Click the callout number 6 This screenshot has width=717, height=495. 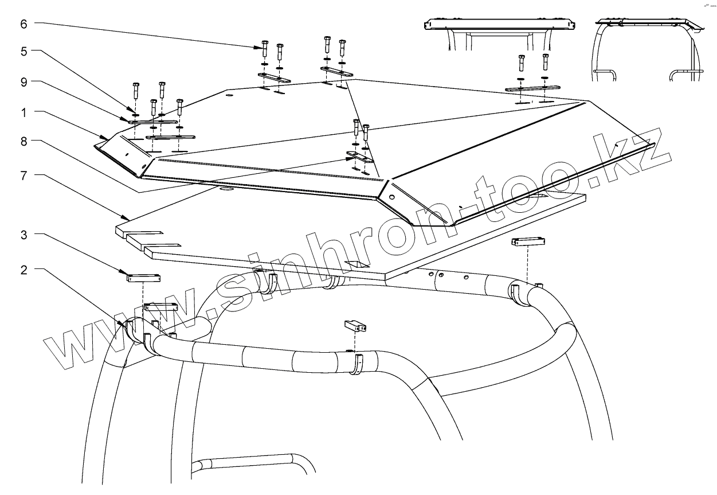tap(23, 24)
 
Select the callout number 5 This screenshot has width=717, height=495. tap(23, 51)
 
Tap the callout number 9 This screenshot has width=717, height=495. tap(23, 82)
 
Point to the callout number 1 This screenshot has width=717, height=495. tap(23, 112)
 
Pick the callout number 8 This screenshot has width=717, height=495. tap(23, 142)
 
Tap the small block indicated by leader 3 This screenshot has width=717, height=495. tap(143, 278)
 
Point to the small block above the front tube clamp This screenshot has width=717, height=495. tap(355, 326)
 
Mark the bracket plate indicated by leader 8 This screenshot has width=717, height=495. tap(359, 156)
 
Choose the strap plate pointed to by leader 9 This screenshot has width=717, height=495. tap(152, 122)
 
